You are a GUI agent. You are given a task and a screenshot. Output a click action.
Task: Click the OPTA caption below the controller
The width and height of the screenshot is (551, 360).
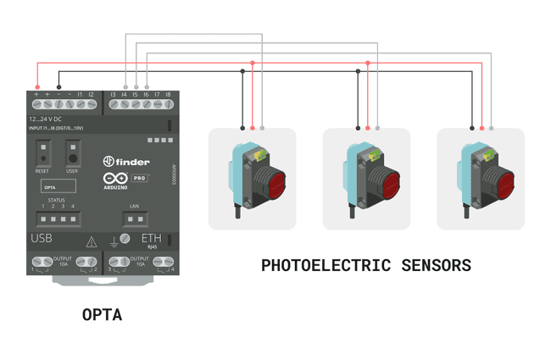(102, 315)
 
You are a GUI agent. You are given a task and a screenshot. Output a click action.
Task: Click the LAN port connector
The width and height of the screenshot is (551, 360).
(133, 219)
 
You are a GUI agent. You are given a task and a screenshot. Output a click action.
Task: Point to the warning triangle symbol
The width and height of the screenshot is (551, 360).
(92, 241)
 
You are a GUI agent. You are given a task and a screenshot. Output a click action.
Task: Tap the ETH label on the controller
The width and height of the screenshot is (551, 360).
(151, 240)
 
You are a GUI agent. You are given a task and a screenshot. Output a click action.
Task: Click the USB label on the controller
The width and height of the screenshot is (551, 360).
(42, 240)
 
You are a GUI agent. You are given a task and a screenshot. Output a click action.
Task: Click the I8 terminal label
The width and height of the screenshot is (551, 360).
(168, 94)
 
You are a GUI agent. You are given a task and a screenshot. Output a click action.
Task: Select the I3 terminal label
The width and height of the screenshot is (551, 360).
(113, 94)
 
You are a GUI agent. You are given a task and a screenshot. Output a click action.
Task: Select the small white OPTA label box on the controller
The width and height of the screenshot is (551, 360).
(50, 186)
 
